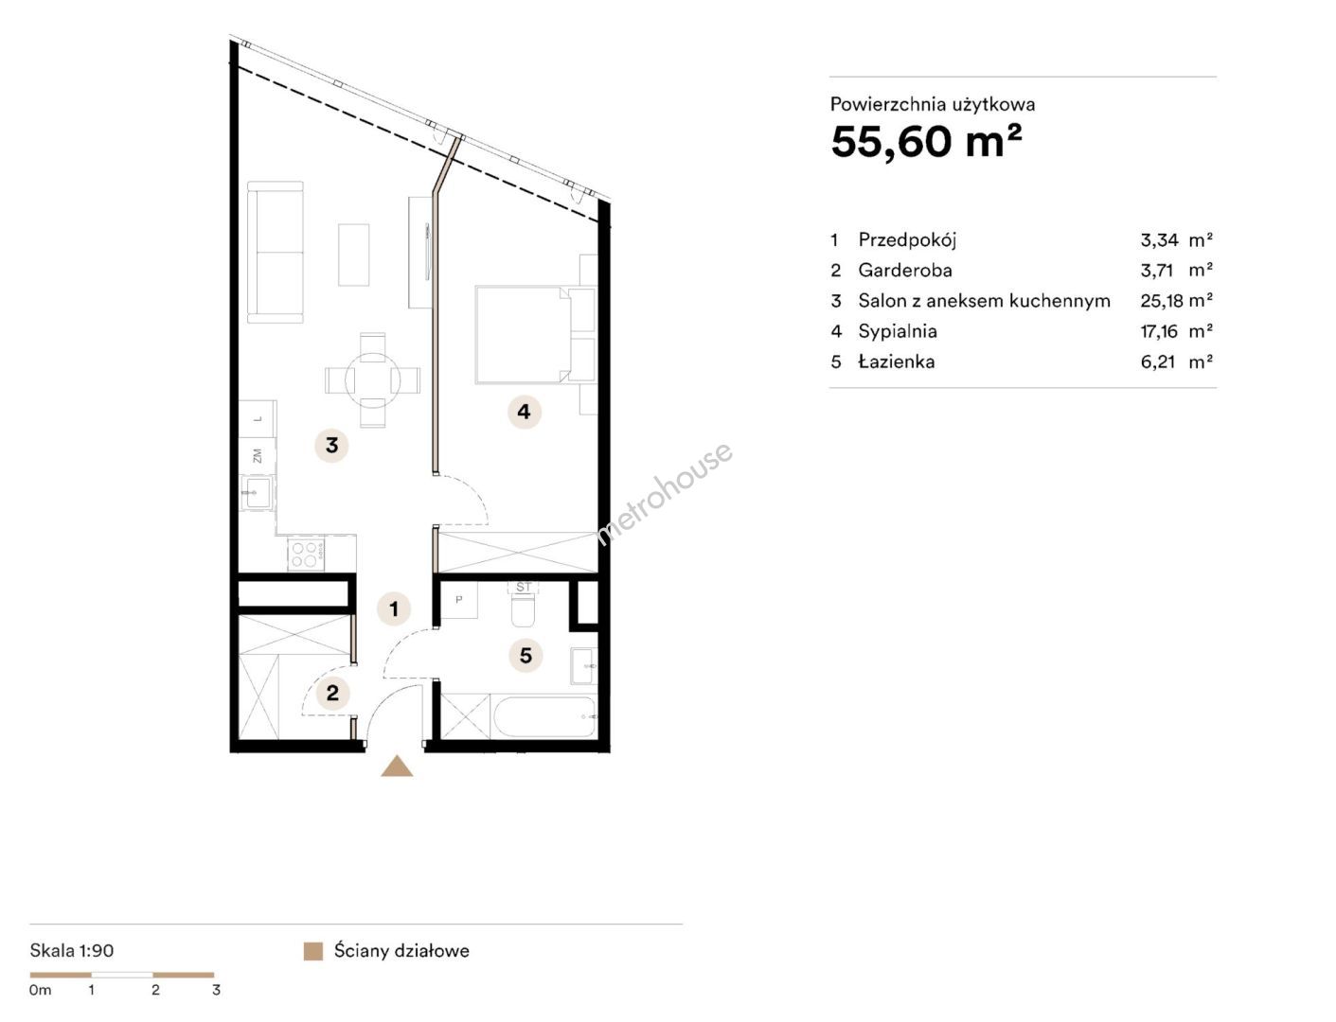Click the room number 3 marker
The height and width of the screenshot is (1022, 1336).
(331, 446)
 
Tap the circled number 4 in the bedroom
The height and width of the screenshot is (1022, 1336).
(524, 412)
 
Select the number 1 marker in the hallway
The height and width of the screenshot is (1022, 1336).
(394, 609)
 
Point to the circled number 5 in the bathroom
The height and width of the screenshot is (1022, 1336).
(525, 655)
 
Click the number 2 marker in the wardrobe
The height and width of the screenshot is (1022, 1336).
(332, 693)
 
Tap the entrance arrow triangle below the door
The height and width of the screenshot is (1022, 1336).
(397, 766)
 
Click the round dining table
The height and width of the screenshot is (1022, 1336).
(372, 380)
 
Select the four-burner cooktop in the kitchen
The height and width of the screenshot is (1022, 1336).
(306, 555)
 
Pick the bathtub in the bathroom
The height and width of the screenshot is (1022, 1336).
(544, 716)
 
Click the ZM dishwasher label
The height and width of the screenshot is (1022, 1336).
(258, 456)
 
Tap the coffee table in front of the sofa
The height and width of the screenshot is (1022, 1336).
(353, 255)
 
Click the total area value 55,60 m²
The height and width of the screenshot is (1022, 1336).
(926, 142)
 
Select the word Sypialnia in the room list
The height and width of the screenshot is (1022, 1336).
(898, 331)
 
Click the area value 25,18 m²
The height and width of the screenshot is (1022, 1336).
(1176, 301)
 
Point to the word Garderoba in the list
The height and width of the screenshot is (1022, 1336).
(905, 270)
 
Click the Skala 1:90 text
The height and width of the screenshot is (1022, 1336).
(72, 951)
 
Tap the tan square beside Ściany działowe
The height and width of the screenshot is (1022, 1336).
(312, 951)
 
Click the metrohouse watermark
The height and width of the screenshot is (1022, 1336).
(665, 493)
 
